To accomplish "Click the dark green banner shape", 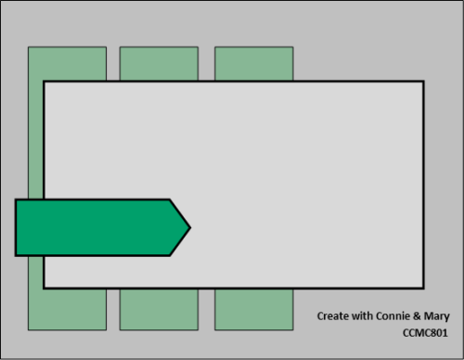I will tap(93, 226).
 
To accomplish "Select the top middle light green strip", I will tap(159, 63).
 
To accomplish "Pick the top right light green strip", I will tap(253, 63).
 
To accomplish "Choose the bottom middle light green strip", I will tap(159, 309).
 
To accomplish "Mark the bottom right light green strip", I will tap(253, 309).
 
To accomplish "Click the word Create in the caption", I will tap(333, 316).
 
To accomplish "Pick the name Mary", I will tap(439, 316).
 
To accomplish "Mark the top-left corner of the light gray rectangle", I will tap(44, 82).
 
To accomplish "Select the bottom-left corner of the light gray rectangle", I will tap(44, 288).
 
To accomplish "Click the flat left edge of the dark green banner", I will tap(16, 226).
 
